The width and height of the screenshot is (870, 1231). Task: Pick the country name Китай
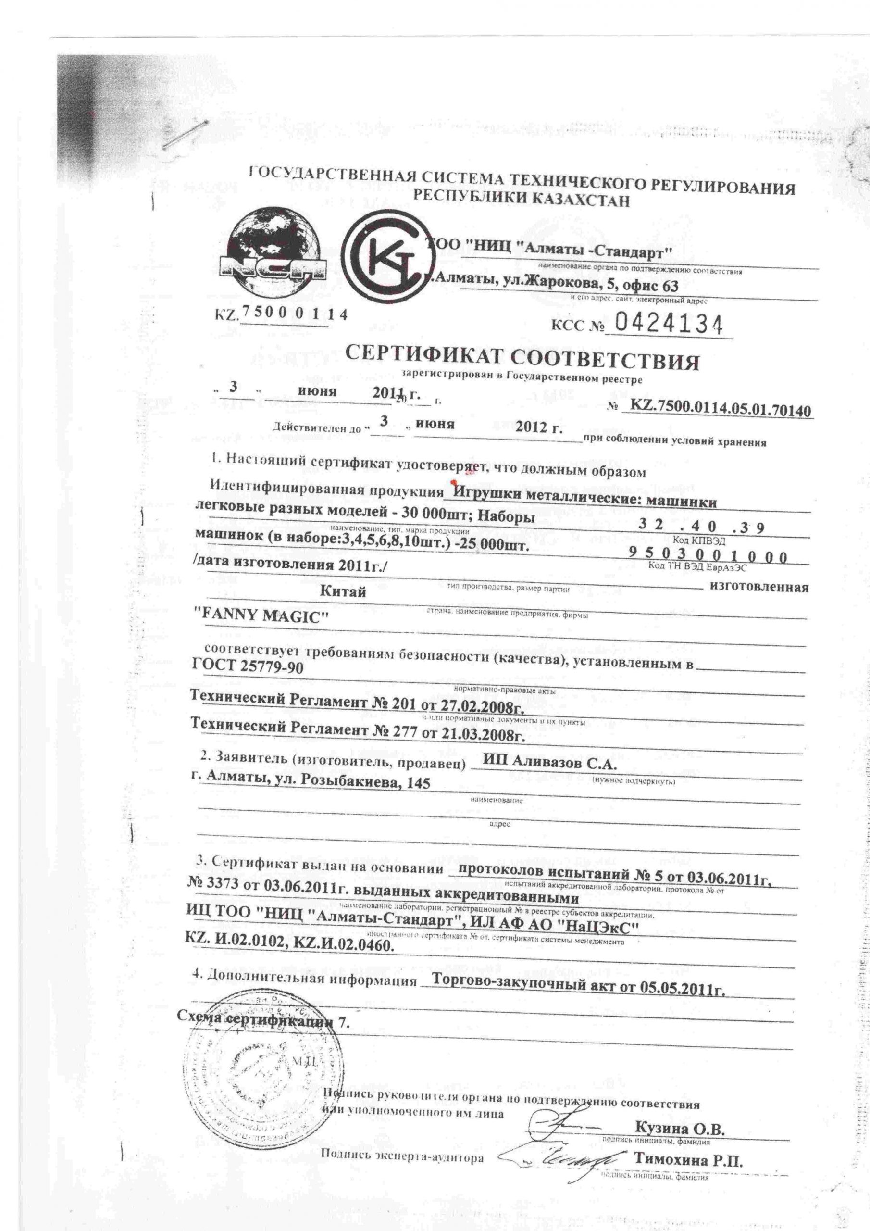point(343,591)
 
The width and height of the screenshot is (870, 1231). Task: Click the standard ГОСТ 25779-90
point(247,667)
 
